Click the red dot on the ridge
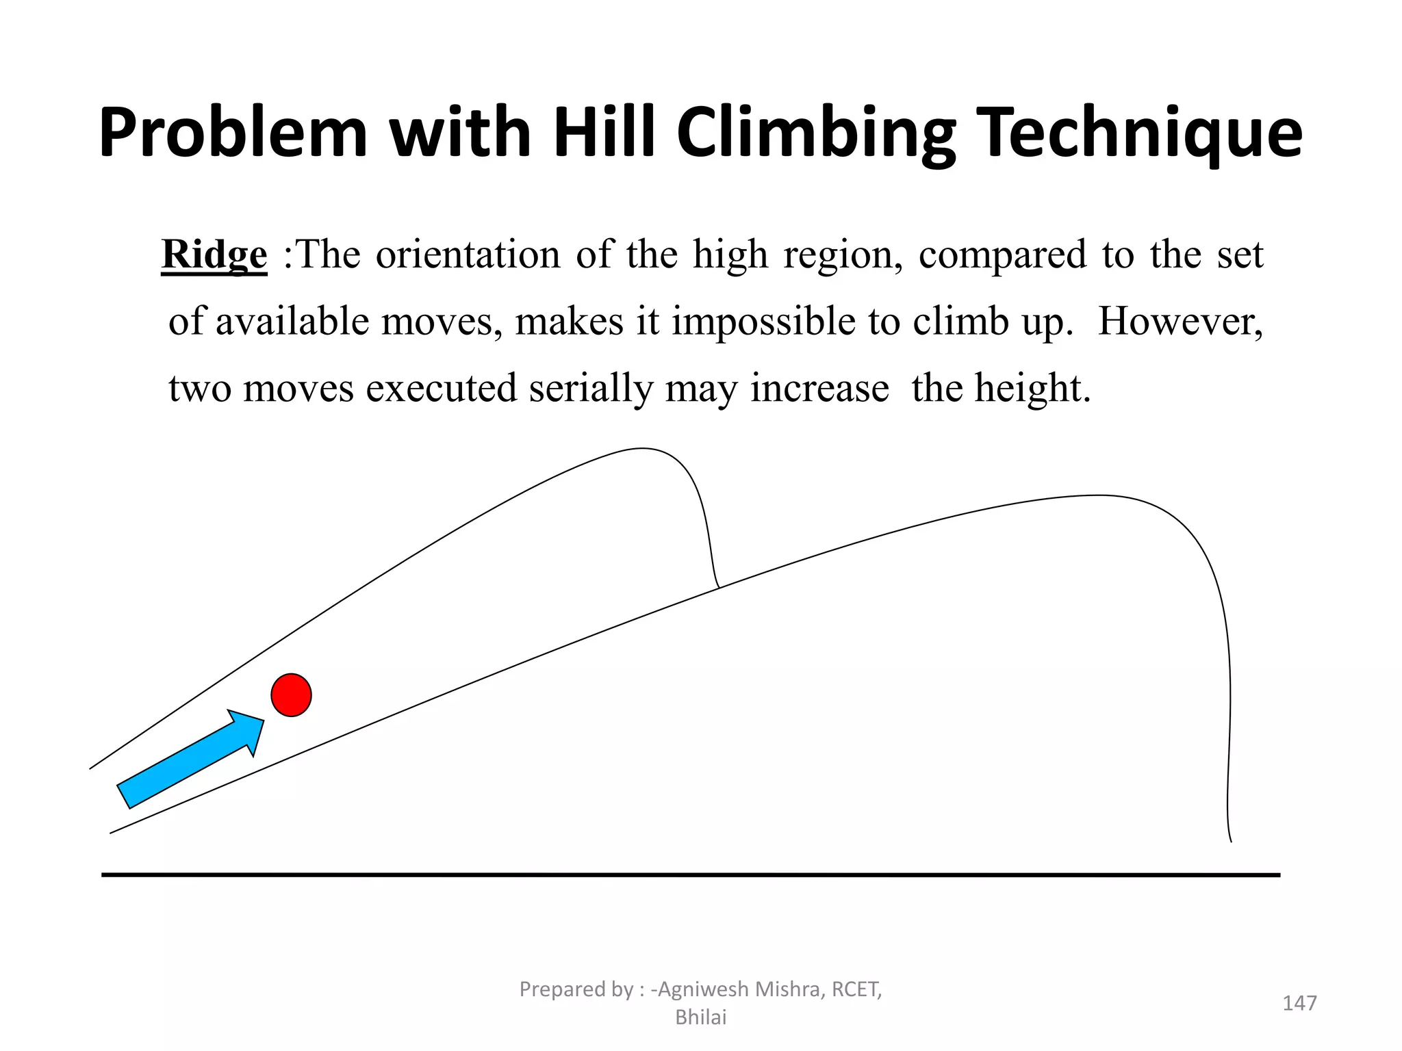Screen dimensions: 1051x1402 pyautogui.click(x=291, y=695)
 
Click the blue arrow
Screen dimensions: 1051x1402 pyautogui.click(x=191, y=758)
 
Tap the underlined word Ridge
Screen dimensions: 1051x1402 pyautogui.click(x=214, y=255)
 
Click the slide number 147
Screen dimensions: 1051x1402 pyautogui.click(x=1299, y=1003)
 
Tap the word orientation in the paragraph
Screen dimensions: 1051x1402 pyautogui.click(x=468, y=255)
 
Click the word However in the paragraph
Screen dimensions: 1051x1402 pyautogui.click(x=1180, y=322)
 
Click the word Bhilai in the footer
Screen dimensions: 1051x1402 pyautogui.click(x=700, y=1017)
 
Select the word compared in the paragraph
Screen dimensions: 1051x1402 pyautogui.click(x=1002, y=255)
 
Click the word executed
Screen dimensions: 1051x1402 pyautogui.click(x=441, y=389)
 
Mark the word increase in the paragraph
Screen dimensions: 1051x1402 pyautogui.click(x=819, y=389)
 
